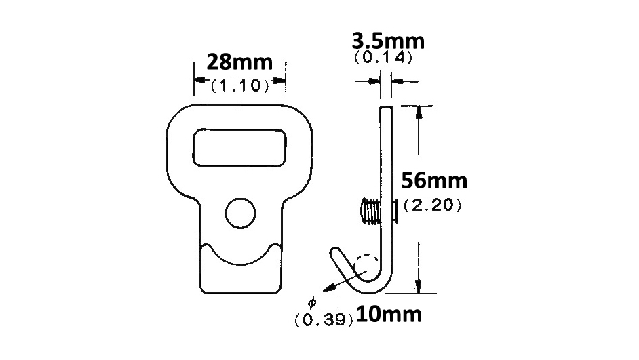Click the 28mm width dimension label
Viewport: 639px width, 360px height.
(239, 62)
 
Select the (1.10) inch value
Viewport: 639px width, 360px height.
(239, 86)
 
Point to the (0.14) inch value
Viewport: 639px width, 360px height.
(383, 58)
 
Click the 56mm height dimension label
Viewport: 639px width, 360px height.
(434, 182)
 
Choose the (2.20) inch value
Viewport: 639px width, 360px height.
(433, 205)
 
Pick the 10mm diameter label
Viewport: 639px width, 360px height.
(388, 315)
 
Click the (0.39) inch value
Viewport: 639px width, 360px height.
(324, 319)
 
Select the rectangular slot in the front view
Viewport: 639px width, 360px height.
(238, 147)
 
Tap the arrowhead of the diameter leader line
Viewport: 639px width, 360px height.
(327, 288)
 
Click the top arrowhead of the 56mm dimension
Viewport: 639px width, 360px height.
(420, 111)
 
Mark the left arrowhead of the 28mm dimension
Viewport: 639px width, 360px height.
(199, 80)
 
